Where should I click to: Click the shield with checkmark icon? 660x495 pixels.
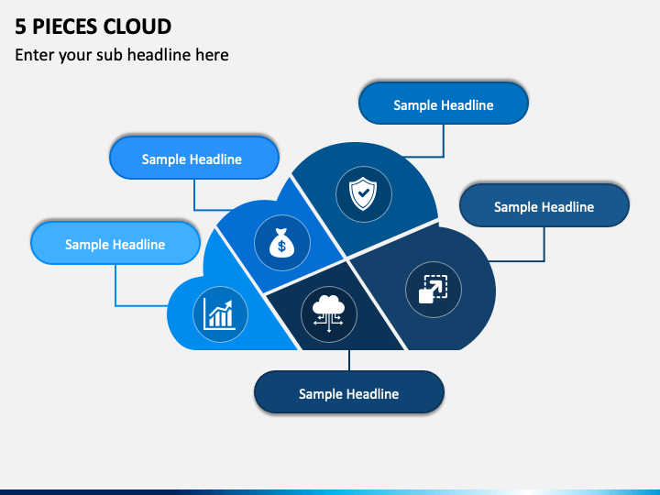(x=363, y=193)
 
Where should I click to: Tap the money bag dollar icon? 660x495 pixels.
(x=282, y=242)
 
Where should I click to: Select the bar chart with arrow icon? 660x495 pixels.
(x=220, y=314)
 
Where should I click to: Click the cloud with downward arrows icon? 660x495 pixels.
(x=329, y=313)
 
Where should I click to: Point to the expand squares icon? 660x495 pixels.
(x=433, y=289)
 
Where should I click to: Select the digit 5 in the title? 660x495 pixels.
(x=20, y=27)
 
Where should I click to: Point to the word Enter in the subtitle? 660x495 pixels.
(x=35, y=55)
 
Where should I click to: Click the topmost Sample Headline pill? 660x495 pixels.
(x=444, y=104)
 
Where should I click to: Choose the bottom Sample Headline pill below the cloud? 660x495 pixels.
(x=349, y=392)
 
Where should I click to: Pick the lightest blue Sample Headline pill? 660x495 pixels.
(x=115, y=243)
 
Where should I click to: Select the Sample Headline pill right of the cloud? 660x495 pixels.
(x=544, y=205)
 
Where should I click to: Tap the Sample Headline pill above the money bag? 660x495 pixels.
(x=194, y=158)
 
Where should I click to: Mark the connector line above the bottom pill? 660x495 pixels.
(x=349, y=360)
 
